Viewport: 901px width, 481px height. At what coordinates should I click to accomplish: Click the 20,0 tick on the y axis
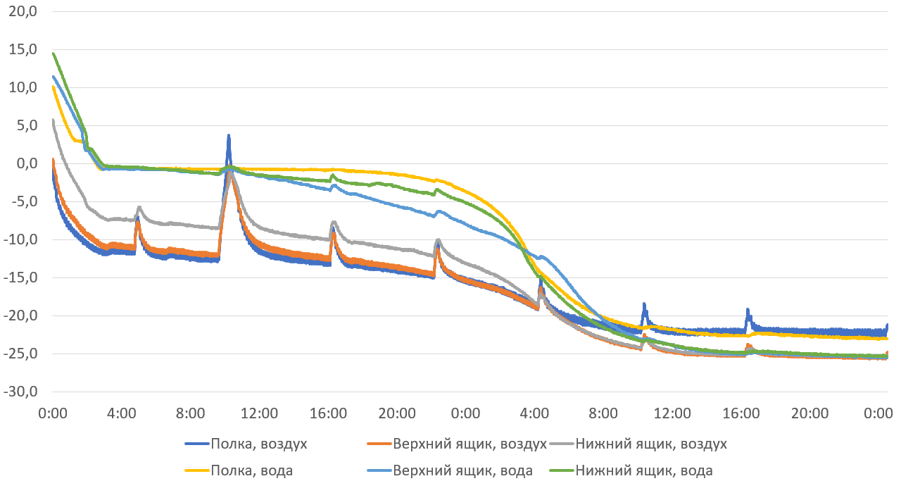point(23,12)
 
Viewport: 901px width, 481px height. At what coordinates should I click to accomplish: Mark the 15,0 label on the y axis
point(23,50)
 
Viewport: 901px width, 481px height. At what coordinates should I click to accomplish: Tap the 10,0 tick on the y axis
point(23,88)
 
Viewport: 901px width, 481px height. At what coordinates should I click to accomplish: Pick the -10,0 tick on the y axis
point(20,240)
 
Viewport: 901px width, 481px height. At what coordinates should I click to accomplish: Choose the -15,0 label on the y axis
point(20,278)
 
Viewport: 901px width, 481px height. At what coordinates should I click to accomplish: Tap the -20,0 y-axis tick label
point(20,316)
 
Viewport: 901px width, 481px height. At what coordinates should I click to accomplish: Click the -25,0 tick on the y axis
point(20,354)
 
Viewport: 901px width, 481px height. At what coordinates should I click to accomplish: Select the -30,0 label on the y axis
point(20,392)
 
